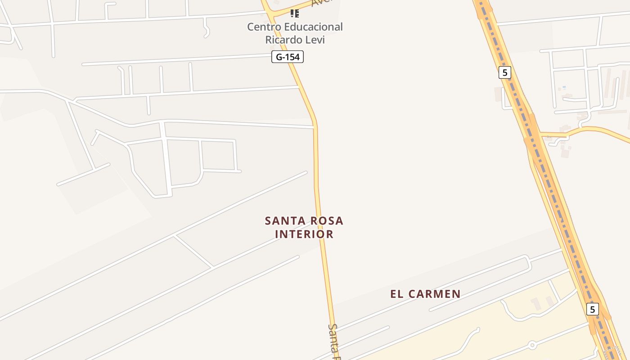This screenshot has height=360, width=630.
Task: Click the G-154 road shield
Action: [288, 57]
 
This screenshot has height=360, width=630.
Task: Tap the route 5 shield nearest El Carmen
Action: [593, 309]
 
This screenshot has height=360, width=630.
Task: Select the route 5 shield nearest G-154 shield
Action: [505, 72]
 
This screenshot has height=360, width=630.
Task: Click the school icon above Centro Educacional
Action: [295, 13]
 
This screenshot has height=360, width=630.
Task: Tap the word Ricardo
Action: [284, 40]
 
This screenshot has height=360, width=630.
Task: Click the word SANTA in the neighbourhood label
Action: [282, 221]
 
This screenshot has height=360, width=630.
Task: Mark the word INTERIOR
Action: [304, 234]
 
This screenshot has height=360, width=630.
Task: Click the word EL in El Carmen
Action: [396, 294]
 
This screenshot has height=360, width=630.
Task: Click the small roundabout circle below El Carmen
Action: [532, 345]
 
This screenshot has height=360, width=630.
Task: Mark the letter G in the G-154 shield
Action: [279, 57]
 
